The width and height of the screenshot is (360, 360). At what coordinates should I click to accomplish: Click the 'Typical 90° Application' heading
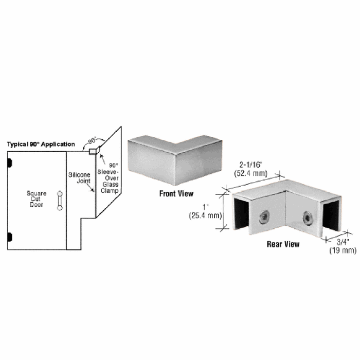coord(41,145)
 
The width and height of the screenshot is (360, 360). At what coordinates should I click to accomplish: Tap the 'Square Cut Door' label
coord(37,199)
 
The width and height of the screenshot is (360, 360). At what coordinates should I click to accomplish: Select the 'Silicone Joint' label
coord(79,178)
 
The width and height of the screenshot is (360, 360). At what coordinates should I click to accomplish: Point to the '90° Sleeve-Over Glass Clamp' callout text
coord(108,178)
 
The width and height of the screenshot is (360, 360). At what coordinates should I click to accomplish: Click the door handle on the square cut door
coord(60,201)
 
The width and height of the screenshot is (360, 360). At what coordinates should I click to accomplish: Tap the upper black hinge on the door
coord(10,163)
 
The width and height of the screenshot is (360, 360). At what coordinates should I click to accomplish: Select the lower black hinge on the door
coord(10,237)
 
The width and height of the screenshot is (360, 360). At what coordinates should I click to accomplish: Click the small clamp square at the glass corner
coord(93,152)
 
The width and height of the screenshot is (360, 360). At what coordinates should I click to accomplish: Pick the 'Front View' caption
coord(176,193)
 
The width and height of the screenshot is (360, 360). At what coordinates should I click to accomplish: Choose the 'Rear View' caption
coord(283,244)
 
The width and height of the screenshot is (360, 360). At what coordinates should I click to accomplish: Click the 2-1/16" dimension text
coord(251,165)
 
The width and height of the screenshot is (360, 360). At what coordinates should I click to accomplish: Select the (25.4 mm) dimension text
coord(205,215)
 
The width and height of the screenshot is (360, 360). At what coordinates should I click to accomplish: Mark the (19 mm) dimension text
coord(343,250)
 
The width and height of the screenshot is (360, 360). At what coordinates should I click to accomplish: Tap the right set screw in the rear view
coord(307,217)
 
